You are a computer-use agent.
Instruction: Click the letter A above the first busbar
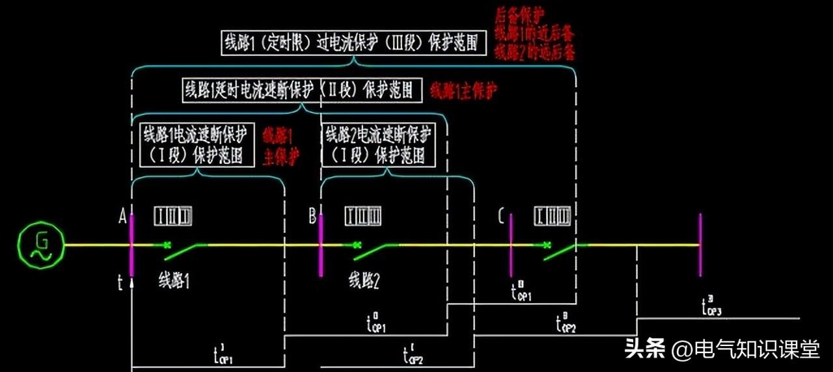click(x=122, y=218)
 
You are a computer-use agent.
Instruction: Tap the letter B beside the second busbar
click(x=312, y=217)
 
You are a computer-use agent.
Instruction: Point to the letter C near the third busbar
click(x=500, y=218)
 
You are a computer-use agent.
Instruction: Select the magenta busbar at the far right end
click(x=700, y=245)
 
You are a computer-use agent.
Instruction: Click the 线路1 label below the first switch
click(x=174, y=281)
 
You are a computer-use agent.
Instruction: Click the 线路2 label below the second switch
click(x=364, y=281)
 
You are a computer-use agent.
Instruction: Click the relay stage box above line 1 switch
click(x=173, y=216)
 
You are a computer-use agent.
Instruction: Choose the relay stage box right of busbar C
click(x=553, y=216)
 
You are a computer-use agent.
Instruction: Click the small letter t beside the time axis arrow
click(x=120, y=282)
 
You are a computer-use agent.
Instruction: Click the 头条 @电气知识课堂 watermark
click(x=722, y=349)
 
